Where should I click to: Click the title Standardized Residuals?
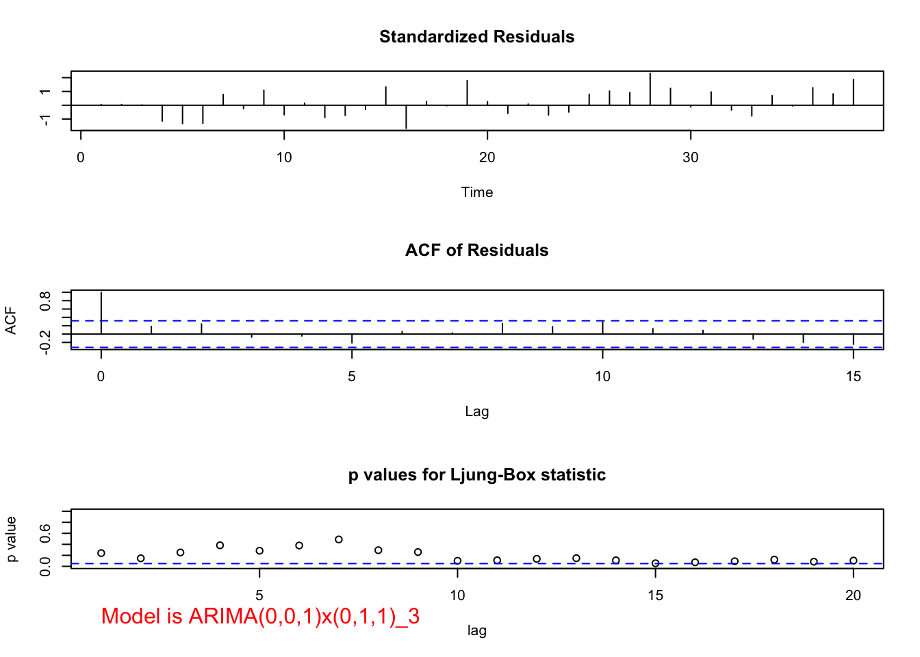477,36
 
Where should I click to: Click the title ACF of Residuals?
477,250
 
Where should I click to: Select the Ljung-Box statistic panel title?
477,475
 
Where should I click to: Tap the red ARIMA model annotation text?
260,617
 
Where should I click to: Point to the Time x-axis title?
477,192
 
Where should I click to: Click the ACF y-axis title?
11,321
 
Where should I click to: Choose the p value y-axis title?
11,539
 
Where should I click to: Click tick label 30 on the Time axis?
691,157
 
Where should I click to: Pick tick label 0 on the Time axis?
81,157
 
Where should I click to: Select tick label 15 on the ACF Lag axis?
854,376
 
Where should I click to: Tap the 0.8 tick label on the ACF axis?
44,301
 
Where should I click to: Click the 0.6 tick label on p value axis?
44,533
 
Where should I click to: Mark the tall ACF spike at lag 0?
101,313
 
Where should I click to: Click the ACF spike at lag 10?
602,327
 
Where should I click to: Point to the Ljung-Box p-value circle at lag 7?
339,539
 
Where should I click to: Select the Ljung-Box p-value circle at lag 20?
854,561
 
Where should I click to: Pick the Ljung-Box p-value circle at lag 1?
101,553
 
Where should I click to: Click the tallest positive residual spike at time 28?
650,89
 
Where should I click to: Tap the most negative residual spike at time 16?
406,117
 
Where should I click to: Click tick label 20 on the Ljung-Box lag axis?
854,595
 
